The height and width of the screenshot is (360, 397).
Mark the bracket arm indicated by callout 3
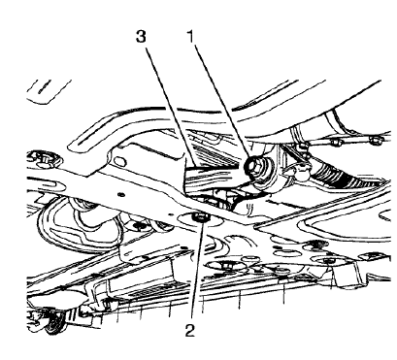[209, 179]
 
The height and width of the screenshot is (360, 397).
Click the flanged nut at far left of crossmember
[41, 156]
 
